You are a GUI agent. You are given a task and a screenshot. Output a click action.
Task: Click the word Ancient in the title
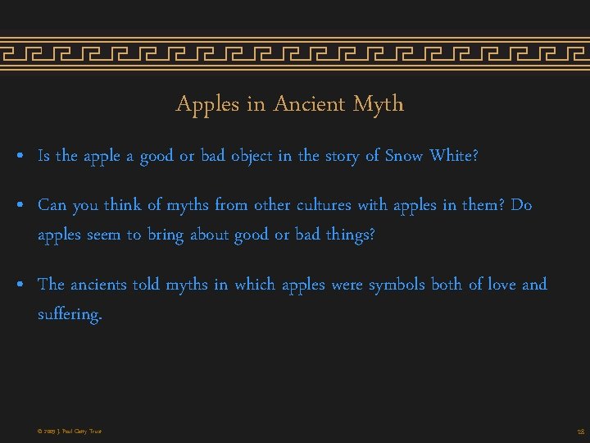click(x=309, y=104)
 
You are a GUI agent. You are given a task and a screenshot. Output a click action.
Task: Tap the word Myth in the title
click(x=379, y=104)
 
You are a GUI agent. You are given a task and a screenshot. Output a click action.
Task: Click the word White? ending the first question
click(x=454, y=156)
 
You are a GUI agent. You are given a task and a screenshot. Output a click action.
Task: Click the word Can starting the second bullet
click(x=52, y=205)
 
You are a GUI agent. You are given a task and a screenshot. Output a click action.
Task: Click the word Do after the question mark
click(x=521, y=205)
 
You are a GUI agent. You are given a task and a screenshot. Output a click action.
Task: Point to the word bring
click(x=165, y=235)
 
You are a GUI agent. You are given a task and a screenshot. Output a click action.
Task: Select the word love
click(x=501, y=285)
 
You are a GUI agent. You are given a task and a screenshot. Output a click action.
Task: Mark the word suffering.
click(x=70, y=315)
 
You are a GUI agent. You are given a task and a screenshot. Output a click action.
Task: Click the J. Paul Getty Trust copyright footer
click(x=70, y=432)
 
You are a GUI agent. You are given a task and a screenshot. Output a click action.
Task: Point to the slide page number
click(x=579, y=432)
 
